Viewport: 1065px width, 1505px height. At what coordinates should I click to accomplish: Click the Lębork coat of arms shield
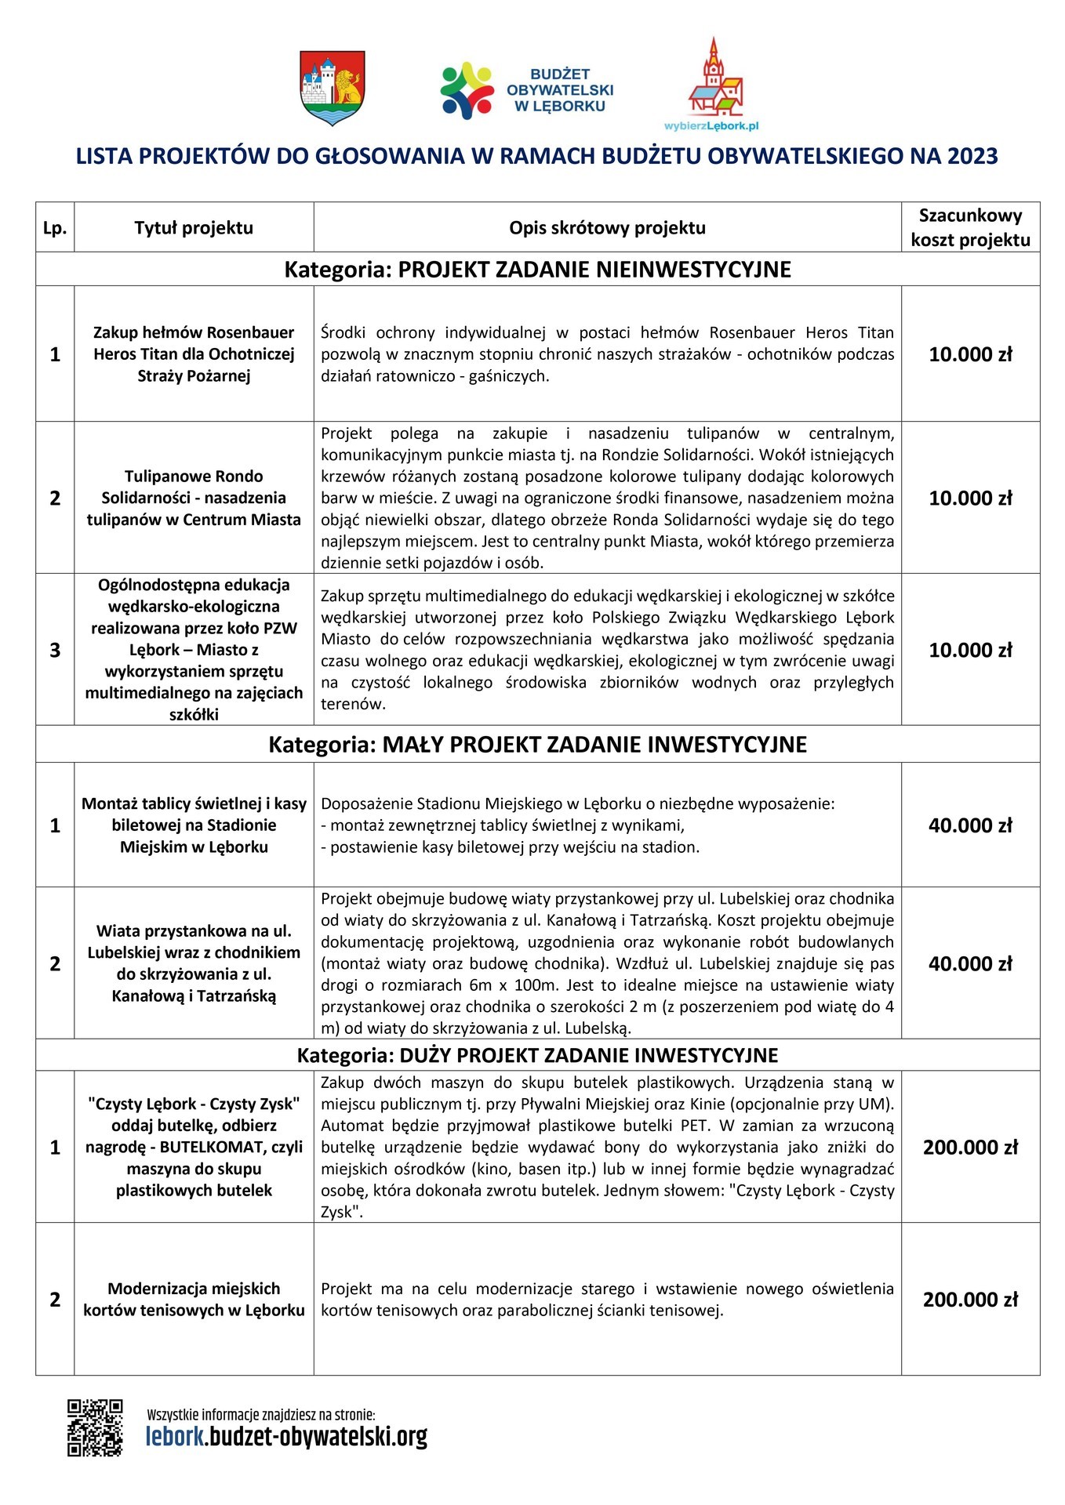333,87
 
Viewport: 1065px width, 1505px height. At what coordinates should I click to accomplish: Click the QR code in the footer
95,1427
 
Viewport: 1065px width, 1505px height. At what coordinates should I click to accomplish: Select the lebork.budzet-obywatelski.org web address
286,1437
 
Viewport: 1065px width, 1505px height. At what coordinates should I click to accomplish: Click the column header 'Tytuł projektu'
194,228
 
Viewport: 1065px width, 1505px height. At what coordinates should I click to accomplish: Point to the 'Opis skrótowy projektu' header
607,228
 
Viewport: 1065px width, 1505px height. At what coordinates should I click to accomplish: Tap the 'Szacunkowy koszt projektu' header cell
970,227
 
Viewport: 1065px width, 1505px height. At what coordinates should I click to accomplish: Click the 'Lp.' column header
55,229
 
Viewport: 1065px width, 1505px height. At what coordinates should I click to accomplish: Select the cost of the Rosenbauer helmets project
970,354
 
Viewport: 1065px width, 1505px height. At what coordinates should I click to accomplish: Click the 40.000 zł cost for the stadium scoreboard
970,825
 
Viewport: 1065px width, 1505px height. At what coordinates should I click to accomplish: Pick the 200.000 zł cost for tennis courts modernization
970,1300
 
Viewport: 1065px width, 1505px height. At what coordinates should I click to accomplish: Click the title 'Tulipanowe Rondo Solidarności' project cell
194,498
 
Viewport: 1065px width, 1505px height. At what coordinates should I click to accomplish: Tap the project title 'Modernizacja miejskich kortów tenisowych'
194,1300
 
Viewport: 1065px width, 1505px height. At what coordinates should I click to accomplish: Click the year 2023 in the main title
972,156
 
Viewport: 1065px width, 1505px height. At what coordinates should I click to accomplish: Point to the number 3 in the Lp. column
55,651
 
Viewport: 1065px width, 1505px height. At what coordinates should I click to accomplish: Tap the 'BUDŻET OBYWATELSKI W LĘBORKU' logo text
559,90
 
